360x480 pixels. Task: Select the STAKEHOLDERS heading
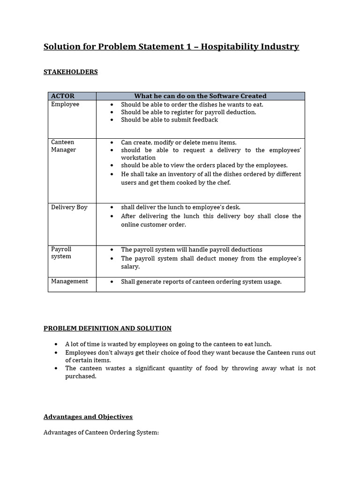coord(71,72)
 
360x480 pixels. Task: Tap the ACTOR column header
coord(63,96)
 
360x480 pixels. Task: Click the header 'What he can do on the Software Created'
coord(200,96)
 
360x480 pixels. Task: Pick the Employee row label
coord(65,104)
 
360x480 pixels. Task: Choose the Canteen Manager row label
coord(63,146)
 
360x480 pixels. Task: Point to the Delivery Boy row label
coord(69,207)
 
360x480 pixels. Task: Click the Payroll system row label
coord(61,253)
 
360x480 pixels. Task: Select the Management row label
coord(69,281)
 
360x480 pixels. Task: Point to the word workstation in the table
coord(138,158)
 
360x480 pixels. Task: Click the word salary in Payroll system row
coord(130,266)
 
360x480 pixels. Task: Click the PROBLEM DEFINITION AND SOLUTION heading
coord(107,328)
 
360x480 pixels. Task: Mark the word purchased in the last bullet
coord(80,376)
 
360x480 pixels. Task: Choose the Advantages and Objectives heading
coord(88,417)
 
